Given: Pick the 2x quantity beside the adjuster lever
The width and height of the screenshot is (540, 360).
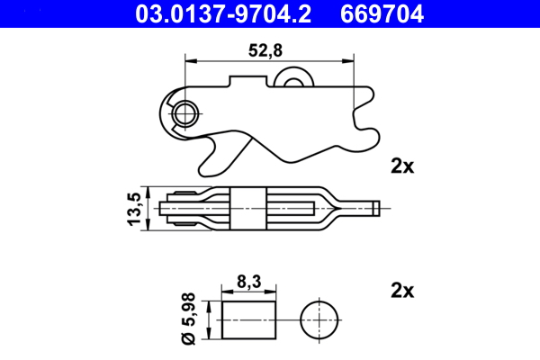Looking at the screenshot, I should [401, 166].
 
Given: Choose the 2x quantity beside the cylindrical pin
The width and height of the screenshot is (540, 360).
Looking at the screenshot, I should [401, 290].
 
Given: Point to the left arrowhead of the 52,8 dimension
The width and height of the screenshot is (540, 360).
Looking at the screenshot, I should [188, 60].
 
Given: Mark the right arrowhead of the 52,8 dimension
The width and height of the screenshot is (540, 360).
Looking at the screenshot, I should [349, 60].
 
